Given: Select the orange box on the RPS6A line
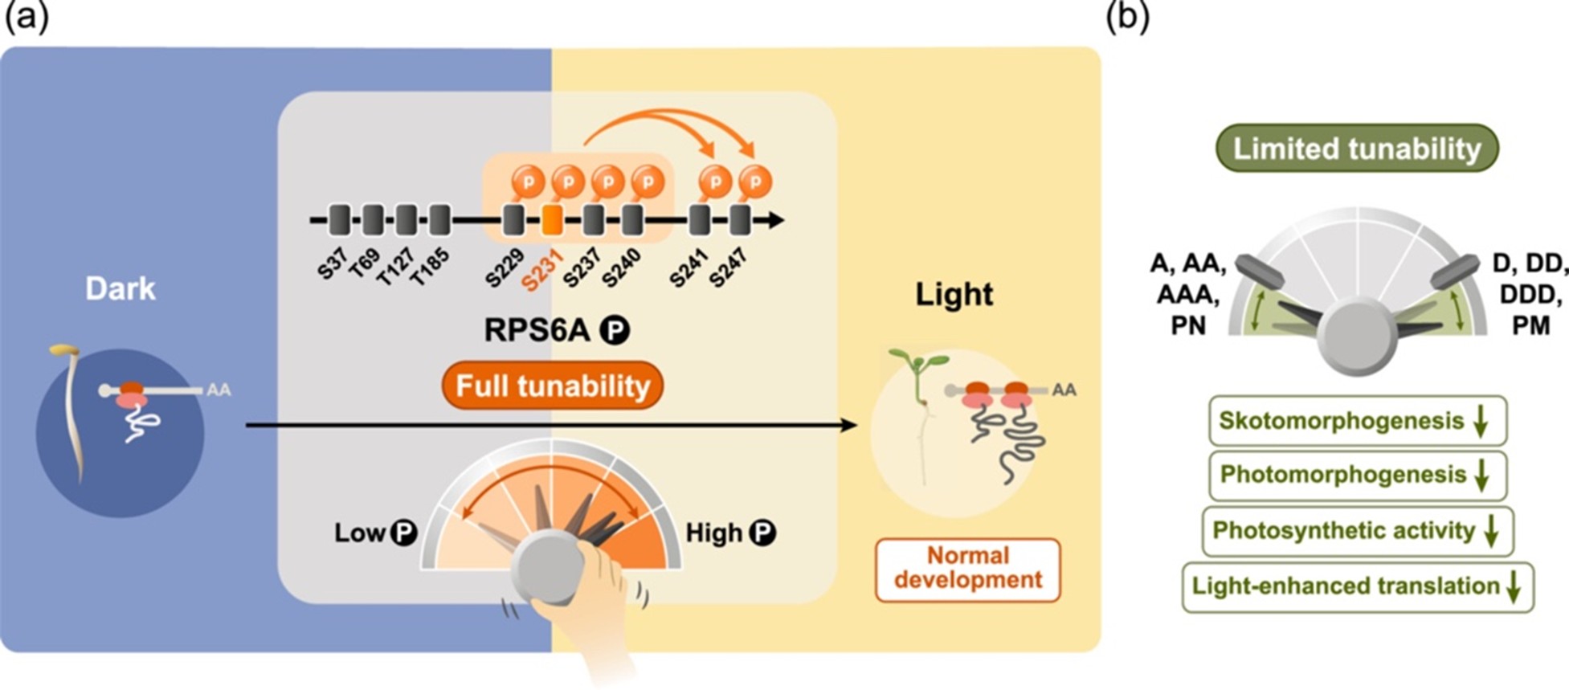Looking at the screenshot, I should click(x=551, y=220).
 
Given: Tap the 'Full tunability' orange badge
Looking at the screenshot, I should click(x=553, y=386).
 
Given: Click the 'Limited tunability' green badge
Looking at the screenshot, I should click(x=1357, y=149).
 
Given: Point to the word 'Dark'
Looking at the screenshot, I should click(x=121, y=288).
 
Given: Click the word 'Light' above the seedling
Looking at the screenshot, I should click(x=954, y=295).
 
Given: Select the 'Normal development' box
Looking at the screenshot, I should click(x=967, y=569).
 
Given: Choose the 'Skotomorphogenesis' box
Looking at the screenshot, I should click(x=1357, y=421).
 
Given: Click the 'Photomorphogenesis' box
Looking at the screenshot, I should click(x=1357, y=475).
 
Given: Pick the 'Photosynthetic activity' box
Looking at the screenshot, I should click(x=1357, y=531).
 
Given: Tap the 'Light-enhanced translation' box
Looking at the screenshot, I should click(x=1357, y=586).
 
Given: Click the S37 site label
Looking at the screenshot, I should click(x=332, y=263).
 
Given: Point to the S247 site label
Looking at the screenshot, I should click(x=728, y=267).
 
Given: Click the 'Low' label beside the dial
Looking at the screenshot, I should click(x=360, y=533).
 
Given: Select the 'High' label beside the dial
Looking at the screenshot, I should click(x=713, y=533).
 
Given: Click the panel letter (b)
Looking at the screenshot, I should click(x=1127, y=16).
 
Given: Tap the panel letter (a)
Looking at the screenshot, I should click(x=27, y=16).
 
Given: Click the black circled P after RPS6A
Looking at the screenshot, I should click(x=616, y=330).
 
